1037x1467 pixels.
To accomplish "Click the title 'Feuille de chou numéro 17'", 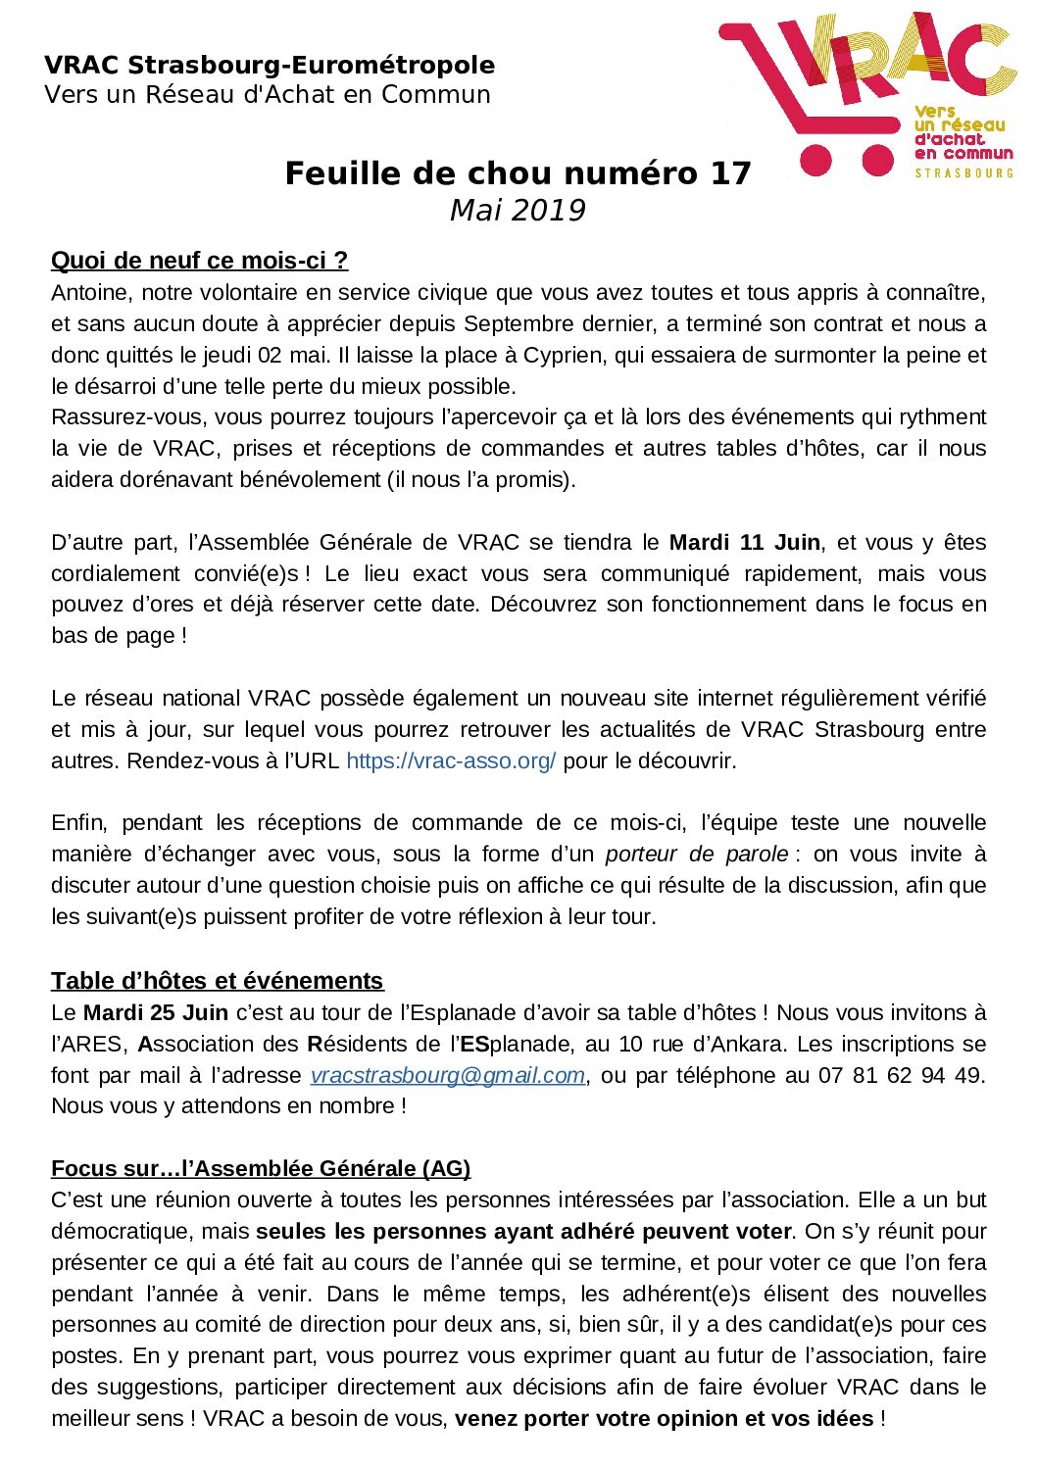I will (518, 173).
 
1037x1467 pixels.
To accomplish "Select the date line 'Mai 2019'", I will (518, 211).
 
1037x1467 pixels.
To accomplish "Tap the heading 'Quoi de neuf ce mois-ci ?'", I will (199, 261).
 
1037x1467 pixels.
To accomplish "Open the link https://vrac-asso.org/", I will (451, 760).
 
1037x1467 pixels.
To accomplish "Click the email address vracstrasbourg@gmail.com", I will (448, 1075).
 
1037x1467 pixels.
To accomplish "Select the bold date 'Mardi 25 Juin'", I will (156, 1012).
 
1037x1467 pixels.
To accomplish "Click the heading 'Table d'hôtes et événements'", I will (217, 981).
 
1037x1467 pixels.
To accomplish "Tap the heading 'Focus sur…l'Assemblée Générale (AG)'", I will (261, 1168).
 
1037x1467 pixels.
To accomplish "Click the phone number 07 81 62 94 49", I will (900, 1075).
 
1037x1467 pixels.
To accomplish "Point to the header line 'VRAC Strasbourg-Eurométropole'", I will (270, 66).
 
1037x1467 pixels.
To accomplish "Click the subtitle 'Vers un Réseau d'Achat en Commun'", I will (267, 95).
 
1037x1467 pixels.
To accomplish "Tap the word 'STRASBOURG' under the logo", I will (964, 172).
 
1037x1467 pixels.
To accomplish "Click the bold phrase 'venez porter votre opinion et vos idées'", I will (665, 1418).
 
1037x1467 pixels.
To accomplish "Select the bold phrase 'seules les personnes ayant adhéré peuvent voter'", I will (523, 1231).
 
